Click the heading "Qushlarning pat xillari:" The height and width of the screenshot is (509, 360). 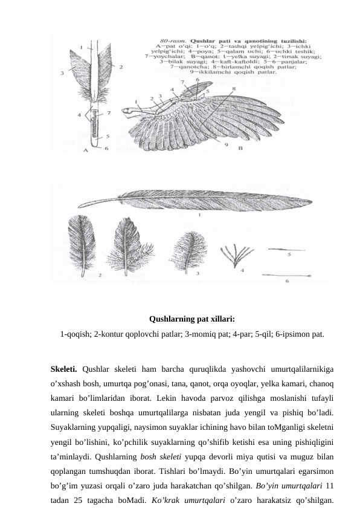191,319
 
